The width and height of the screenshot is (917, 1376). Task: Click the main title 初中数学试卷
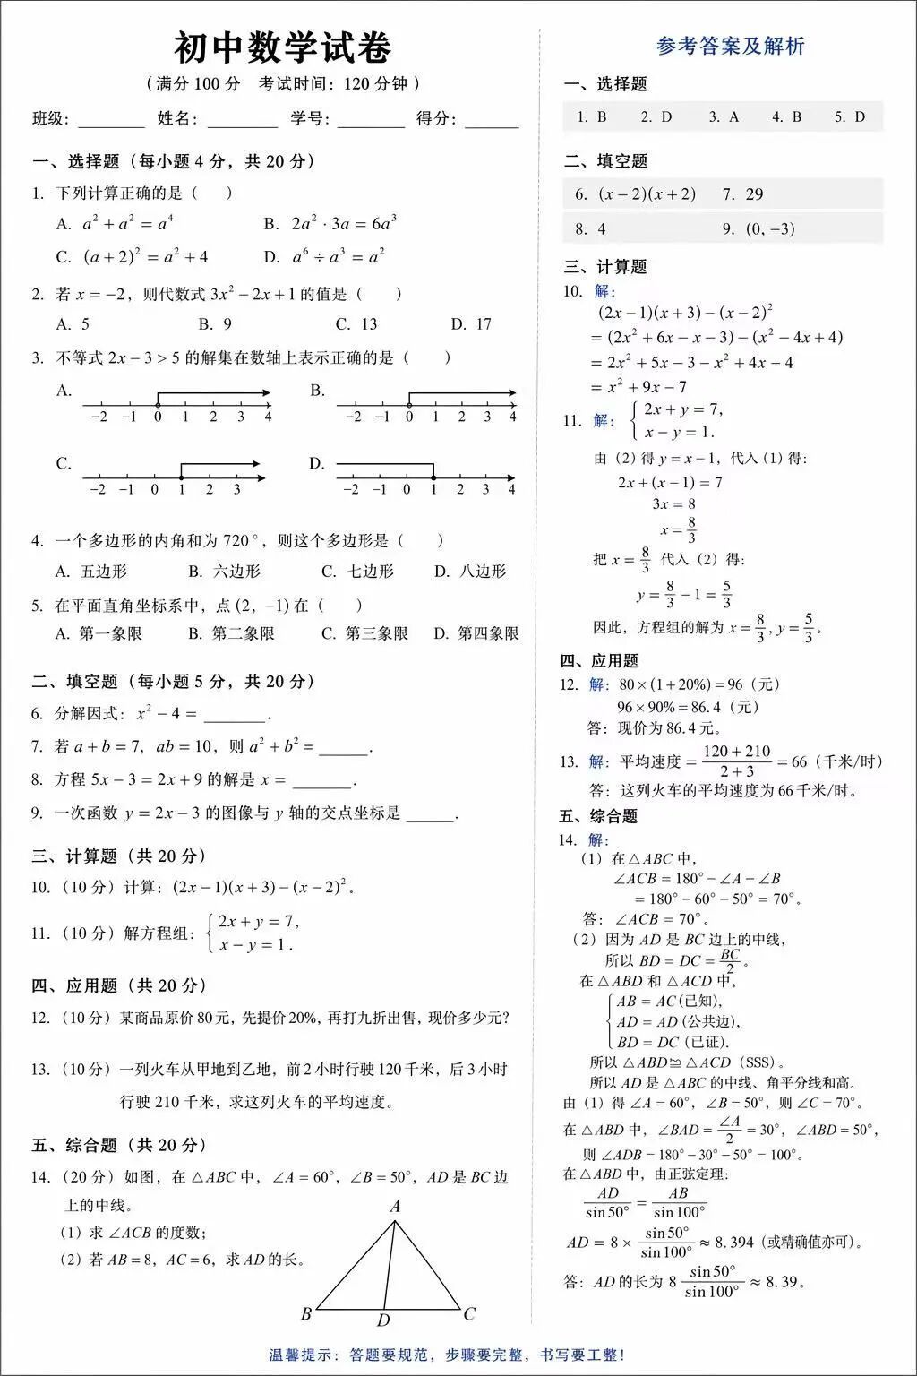282,48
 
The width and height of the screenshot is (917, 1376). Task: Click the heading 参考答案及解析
730,47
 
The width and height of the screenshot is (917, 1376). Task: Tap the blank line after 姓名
242,121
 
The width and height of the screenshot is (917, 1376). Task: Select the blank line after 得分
492,121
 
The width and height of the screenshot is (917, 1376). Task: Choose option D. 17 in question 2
471,324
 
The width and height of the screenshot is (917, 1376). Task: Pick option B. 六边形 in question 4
224,572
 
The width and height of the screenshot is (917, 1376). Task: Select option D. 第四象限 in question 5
476,633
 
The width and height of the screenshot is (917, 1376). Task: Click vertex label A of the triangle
395,1207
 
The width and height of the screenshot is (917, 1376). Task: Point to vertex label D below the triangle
383,1320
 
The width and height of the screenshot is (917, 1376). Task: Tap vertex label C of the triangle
469,1314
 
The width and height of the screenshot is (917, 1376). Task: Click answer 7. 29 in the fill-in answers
742,194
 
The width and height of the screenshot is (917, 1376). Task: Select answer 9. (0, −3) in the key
758,229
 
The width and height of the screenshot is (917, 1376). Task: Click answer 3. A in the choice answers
724,117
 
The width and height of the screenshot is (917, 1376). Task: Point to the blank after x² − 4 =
236,716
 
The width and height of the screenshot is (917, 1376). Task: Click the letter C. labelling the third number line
64,463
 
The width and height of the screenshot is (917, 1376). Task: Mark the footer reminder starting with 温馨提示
447,1354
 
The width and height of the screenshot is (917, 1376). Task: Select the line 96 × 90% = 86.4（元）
688,707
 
